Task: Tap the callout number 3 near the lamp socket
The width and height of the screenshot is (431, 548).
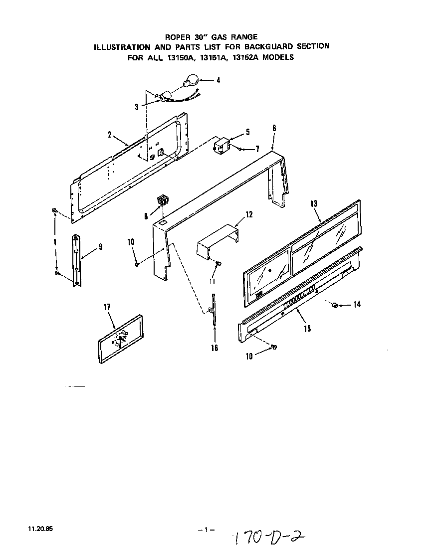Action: pos(136,106)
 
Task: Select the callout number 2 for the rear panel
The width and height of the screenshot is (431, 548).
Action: pos(109,134)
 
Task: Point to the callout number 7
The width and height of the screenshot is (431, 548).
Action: pos(258,149)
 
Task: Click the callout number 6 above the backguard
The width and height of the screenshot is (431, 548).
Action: pos(274,128)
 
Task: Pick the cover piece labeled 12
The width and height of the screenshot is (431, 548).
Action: pos(217,241)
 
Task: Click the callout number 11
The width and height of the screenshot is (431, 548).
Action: pos(212,281)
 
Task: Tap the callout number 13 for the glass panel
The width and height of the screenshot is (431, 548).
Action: pos(314,204)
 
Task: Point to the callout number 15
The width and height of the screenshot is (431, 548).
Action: pos(307,328)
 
